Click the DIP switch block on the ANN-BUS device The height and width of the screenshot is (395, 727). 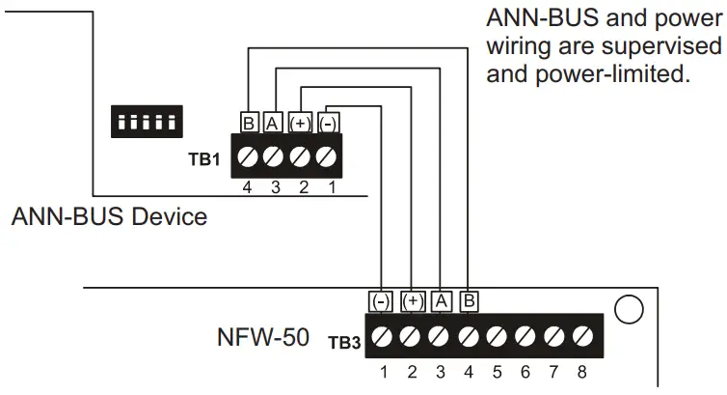click(145, 122)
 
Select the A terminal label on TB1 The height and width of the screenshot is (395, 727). click(273, 123)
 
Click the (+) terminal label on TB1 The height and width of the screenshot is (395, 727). click(301, 123)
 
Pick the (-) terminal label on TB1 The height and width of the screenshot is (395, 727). click(328, 123)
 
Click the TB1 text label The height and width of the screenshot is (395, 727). click(203, 158)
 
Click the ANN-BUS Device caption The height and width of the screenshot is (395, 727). click(109, 216)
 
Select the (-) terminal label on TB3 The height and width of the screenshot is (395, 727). click(381, 301)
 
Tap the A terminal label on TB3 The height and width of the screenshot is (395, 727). click(440, 301)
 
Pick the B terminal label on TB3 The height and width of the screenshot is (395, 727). click(469, 301)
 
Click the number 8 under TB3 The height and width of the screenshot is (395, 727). click(582, 369)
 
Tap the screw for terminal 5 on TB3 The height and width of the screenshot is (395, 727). click(497, 336)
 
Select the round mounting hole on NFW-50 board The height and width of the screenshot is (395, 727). click(628, 308)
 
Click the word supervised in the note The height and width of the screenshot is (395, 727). click(662, 46)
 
